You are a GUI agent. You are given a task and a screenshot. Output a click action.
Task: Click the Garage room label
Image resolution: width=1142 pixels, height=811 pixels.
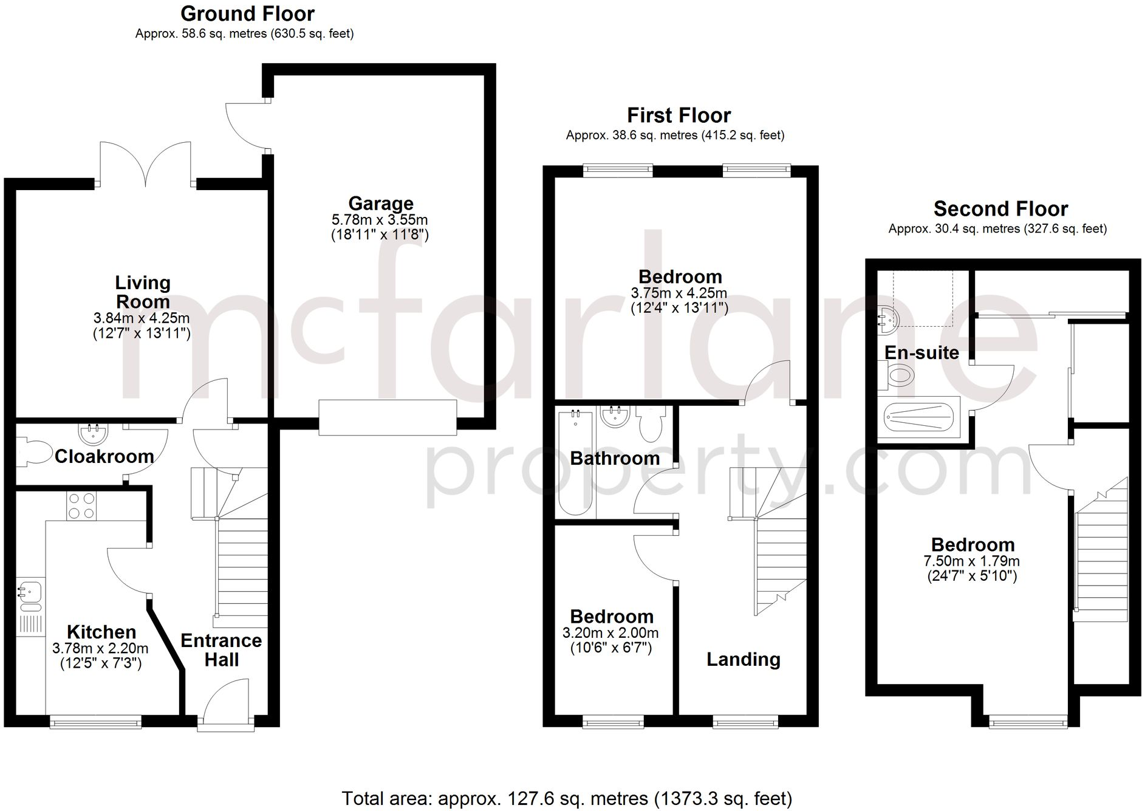[x=381, y=204]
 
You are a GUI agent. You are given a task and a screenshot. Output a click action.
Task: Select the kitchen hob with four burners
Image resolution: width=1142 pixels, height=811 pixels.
[x=81, y=505]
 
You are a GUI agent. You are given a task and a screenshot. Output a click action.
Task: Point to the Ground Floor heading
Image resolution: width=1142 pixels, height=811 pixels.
[x=248, y=13]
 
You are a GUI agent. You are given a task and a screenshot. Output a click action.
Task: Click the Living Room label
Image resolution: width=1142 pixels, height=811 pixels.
[x=143, y=292]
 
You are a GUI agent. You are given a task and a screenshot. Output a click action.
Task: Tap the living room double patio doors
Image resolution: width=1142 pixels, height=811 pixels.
[x=146, y=163]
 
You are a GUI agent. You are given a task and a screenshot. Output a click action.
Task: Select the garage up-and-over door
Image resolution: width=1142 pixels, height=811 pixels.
[x=388, y=417]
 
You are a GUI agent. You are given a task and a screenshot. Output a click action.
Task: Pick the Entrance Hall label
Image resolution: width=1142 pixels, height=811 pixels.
[x=221, y=650]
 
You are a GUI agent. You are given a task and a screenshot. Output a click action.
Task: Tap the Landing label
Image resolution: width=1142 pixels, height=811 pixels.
[x=743, y=659]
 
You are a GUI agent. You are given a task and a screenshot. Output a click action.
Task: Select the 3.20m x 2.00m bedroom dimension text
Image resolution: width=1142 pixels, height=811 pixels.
[x=610, y=633]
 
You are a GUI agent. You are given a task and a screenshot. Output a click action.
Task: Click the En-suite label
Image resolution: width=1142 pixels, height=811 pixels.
[x=921, y=352]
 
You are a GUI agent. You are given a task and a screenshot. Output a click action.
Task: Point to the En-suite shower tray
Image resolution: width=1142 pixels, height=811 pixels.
[x=917, y=417]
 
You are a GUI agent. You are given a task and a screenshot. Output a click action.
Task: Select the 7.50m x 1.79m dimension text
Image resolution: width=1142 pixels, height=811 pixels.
[x=972, y=561]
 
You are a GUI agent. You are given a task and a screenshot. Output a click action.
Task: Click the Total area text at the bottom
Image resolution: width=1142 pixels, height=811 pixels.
[x=567, y=798]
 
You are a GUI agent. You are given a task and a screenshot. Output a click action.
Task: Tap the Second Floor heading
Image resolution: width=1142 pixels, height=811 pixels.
[x=1000, y=209]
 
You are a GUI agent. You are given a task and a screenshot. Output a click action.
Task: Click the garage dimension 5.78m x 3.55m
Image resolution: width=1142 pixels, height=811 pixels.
[x=380, y=219]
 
